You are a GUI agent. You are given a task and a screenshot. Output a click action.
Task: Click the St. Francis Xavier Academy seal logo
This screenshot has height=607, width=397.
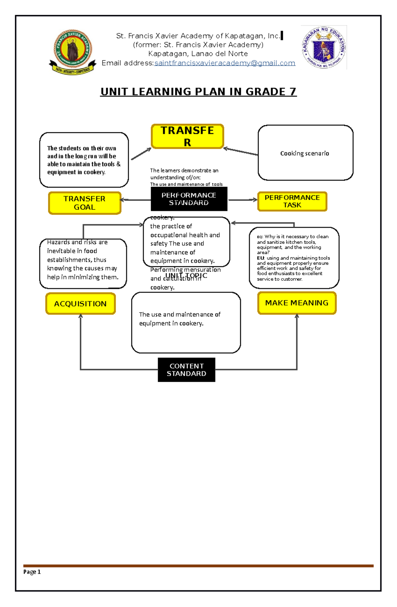pyautogui.click(x=72, y=51)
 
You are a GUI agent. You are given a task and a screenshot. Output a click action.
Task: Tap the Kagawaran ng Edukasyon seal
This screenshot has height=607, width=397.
pyautogui.click(x=324, y=47)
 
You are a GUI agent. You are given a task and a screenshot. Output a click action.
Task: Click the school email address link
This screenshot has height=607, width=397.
pyautogui.click(x=225, y=63)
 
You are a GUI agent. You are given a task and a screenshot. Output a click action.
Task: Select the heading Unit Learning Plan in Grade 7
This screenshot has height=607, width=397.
pyautogui.click(x=198, y=92)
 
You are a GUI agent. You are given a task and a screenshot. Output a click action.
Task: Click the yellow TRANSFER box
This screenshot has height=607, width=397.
pyautogui.click(x=187, y=136)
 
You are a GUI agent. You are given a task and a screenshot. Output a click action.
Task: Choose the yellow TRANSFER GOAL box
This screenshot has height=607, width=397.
pyautogui.click(x=85, y=203)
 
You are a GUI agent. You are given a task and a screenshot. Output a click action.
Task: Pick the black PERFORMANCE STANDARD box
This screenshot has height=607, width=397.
pyautogui.click(x=189, y=199)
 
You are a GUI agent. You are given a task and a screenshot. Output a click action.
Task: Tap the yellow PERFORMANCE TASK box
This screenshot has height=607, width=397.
pyautogui.click(x=292, y=201)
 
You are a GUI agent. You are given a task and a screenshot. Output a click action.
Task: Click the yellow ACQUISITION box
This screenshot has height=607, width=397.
pyautogui.click(x=80, y=304)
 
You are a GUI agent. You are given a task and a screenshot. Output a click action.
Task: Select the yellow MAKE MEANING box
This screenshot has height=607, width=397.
pyautogui.click(x=297, y=303)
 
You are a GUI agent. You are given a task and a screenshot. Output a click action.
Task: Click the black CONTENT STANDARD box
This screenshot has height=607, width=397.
pyautogui.click(x=186, y=370)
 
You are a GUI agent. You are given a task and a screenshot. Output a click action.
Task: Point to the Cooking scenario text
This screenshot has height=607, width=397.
pyautogui.click(x=305, y=153)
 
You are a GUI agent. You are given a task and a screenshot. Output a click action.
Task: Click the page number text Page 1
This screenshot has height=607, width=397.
pyautogui.click(x=32, y=572)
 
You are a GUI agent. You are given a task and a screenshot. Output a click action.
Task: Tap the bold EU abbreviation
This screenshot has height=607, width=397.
pyautogui.click(x=261, y=258)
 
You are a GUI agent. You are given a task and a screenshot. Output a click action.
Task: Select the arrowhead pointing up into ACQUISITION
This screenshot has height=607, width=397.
pyautogui.click(x=80, y=316)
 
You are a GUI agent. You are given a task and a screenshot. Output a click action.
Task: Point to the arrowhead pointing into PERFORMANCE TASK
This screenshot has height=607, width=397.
pyautogui.click(x=255, y=200)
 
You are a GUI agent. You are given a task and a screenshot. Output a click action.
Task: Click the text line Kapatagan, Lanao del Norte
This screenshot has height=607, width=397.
pyautogui.click(x=198, y=54)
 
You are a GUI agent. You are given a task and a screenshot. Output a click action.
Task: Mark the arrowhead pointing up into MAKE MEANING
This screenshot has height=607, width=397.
pyautogui.click(x=297, y=316)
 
